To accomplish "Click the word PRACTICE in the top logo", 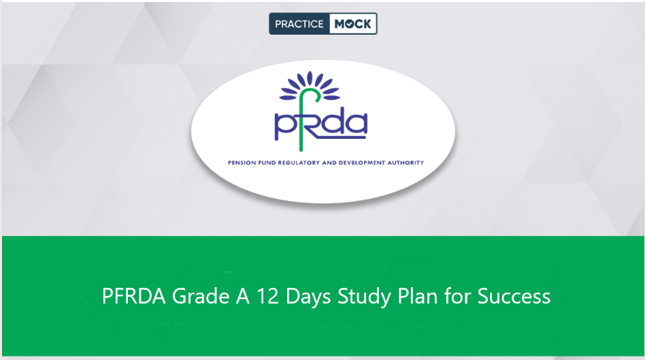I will (300, 24).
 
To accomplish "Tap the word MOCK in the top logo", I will (353, 24).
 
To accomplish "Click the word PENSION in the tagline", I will (243, 163).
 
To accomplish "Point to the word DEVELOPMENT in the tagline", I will (365, 163).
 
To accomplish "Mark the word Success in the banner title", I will (514, 297).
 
